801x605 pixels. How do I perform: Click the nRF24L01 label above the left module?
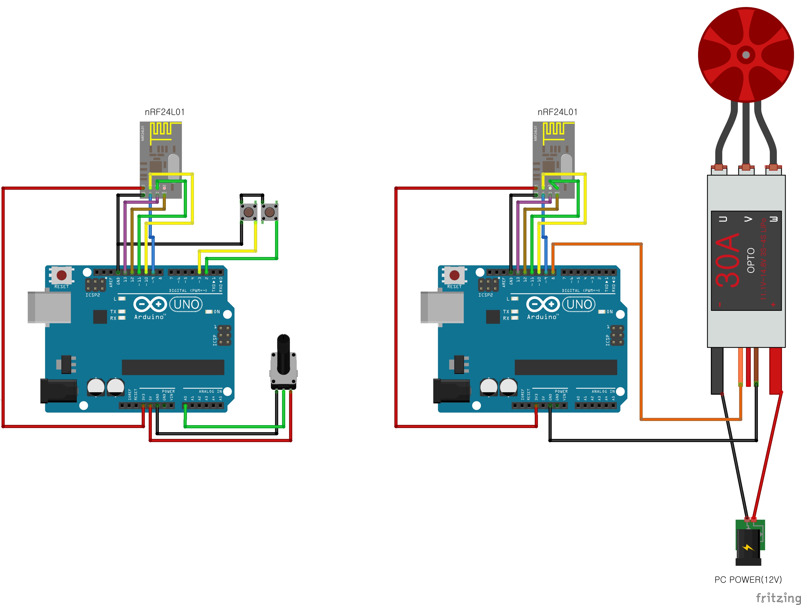point(165,112)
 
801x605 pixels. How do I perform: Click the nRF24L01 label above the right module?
point(557,112)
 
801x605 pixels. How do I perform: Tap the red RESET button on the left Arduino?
point(62,275)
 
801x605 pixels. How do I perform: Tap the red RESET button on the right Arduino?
point(454,275)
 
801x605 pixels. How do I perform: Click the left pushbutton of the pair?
point(249,212)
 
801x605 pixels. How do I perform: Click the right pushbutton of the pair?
point(270,212)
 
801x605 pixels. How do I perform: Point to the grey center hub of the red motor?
point(746,55)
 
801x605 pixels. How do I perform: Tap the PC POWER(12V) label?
point(748,580)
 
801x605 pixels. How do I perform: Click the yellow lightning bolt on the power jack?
point(748,547)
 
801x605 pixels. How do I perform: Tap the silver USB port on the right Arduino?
point(442,307)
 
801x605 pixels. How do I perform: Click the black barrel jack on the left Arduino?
point(58,391)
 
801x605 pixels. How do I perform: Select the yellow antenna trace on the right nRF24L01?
point(554,130)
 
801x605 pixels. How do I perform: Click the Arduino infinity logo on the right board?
point(542,304)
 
